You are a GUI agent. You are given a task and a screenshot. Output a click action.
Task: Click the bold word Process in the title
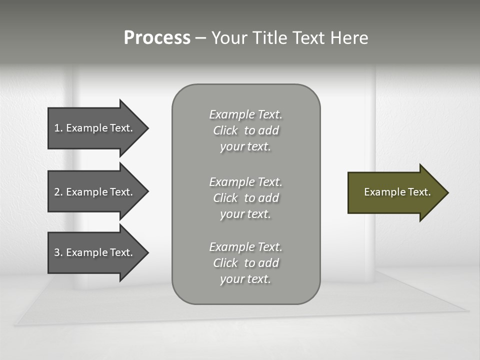coord(157,38)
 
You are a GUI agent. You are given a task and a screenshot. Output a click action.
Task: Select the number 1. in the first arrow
coord(58,128)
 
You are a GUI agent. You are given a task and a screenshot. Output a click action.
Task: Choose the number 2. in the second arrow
coord(58,192)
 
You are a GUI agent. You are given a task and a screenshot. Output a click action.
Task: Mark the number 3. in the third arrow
coord(58,252)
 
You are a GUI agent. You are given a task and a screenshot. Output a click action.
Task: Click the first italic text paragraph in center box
coord(245,130)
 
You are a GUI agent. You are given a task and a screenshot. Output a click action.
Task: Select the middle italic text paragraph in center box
coord(245,198)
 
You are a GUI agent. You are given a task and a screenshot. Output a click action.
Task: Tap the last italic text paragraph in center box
coord(245,263)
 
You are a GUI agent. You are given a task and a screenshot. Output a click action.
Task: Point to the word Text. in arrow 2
coord(121,192)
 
